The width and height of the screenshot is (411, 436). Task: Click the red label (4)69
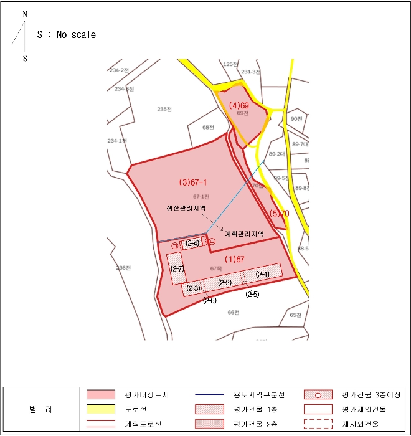coord(239,105)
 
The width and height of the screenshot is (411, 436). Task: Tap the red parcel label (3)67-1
coord(193,183)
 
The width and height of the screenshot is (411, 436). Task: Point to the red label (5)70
coord(279,214)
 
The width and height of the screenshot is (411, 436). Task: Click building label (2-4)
coord(192,244)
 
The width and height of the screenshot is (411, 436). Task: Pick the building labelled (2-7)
coord(177,268)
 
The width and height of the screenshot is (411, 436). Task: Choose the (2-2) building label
coord(225,283)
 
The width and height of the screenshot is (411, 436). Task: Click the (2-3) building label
coord(193,288)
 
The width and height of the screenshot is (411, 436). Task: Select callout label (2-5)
coord(252,294)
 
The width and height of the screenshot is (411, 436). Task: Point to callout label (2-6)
coord(210,301)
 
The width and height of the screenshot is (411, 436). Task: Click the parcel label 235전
coord(164,109)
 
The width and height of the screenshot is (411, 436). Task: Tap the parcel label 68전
coord(208,127)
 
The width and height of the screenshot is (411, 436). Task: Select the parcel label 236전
coord(123,268)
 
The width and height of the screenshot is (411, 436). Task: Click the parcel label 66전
coord(234,312)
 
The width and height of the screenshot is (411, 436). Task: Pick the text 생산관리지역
coord(186,208)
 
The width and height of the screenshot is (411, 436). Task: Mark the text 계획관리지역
coord(244,234)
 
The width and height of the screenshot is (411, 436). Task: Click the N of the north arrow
coord(25,14)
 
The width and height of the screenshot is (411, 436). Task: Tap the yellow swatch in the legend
coord(100,409)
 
